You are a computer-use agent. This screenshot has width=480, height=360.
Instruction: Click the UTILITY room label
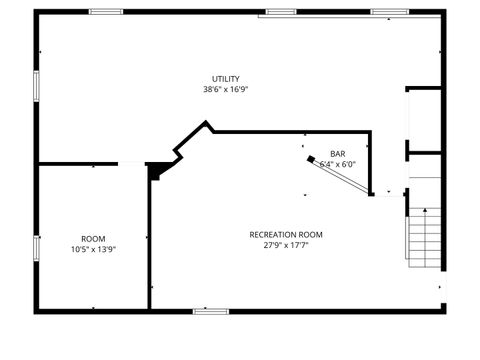click(225, 79)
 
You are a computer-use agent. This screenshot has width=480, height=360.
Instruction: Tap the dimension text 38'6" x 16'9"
click(225, 89)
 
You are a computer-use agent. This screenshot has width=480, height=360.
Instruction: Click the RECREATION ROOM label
click(286, 235)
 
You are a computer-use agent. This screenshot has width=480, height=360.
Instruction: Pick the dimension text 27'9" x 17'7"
click(286, 245)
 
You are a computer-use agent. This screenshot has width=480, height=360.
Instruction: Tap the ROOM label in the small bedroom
click(93, 239)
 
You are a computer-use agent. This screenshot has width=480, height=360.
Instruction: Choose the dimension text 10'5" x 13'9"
click(93, 249)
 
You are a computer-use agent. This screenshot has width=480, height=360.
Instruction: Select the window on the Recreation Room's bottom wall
click(212, 311)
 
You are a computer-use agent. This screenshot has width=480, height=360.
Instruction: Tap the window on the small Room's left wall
click(36, 248)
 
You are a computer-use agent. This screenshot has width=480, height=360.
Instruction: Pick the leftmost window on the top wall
click(106, 12)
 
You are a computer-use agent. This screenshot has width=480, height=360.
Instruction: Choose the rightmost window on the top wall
click(390, 12)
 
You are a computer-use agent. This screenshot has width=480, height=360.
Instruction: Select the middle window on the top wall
click(281, 12)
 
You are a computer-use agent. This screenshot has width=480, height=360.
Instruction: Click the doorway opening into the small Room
click(132, 163)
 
